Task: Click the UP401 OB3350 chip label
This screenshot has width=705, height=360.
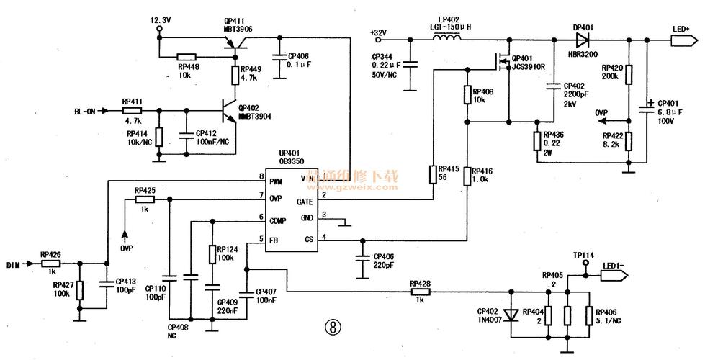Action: [x=289, y=158]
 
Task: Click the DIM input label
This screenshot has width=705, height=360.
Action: [x=14, y=264]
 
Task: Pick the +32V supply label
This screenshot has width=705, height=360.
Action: [x=378, y=32]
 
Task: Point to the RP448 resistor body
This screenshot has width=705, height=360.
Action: [x=187, y=56]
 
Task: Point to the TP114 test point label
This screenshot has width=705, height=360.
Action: [x=583, y=256]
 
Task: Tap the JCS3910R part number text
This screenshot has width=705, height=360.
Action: [x=529, y=67]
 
